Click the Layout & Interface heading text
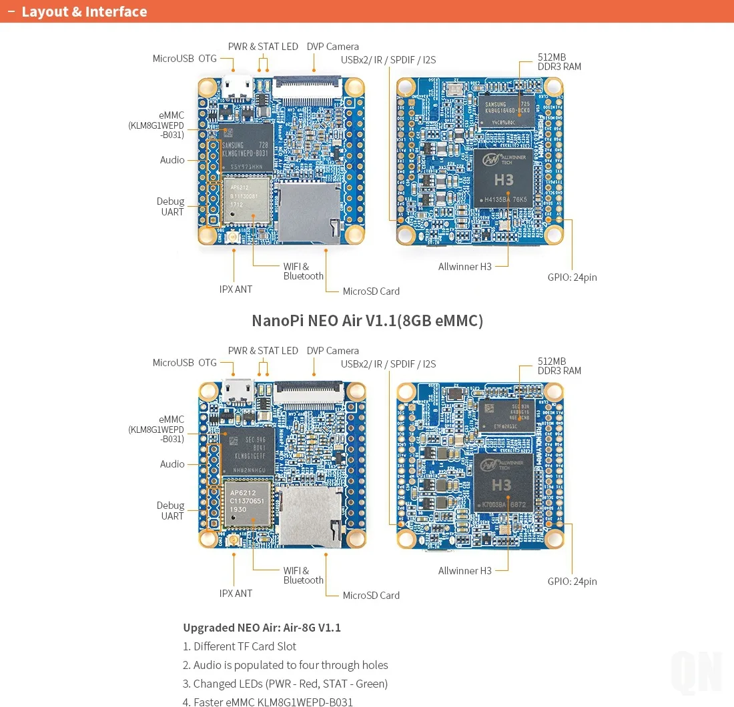pos(84,12)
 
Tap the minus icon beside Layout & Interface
pos(11,12)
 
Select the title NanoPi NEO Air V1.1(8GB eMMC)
pos(367,321)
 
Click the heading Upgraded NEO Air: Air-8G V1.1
pos(262,628)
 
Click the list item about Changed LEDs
pos(290,684)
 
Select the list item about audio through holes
pos(290,665)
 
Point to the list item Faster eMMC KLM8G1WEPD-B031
pos(273,702)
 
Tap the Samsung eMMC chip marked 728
pos(246,148)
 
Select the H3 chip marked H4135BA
pos(504,178)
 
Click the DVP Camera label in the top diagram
pos(332,47)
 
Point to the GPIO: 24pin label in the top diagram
pos(572,277)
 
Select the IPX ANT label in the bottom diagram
pos(236,594)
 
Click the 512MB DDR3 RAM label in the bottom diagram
pos(559,366)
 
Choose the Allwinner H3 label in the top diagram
pos(464,267)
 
